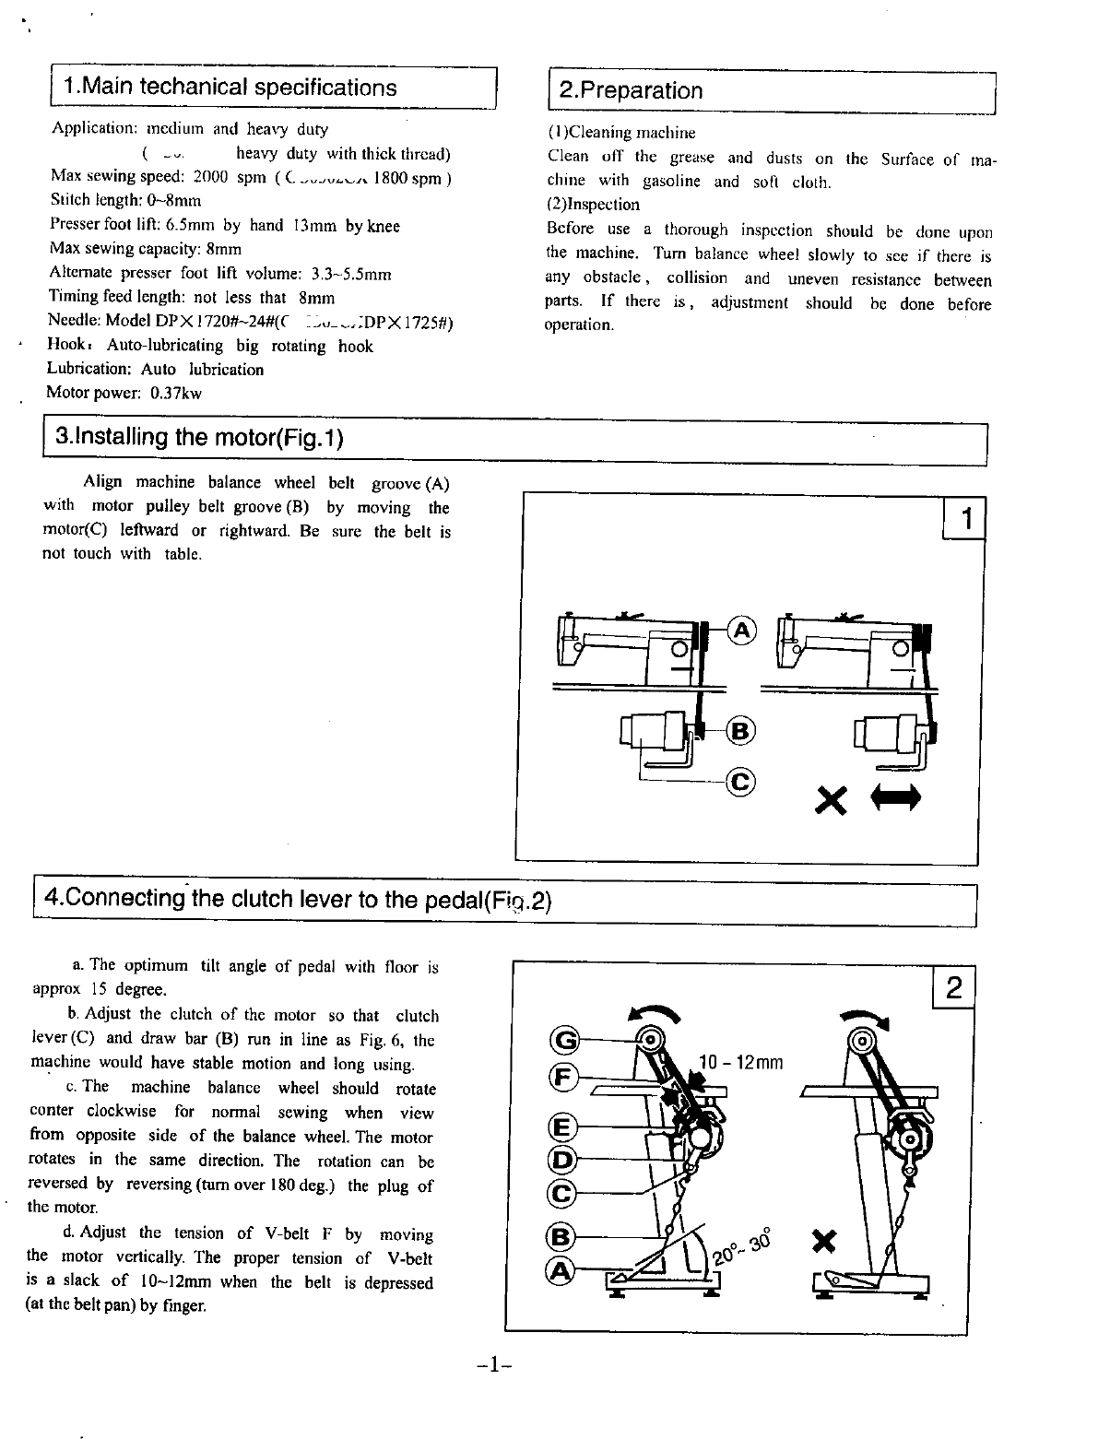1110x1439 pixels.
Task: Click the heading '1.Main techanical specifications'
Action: click(x=230, y=88)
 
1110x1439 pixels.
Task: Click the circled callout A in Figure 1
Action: click(x=742, y=631)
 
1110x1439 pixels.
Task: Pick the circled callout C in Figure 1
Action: click(x=741, y=783)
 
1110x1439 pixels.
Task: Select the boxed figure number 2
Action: click(x=954, y=989)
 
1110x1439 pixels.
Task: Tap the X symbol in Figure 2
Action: click(x=825, y=1244)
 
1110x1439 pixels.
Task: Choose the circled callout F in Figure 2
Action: click(x=563, y=1076)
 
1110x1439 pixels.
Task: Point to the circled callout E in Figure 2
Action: click(x=562, y=1127)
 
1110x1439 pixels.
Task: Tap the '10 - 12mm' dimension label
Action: click(x=741, y=1063)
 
